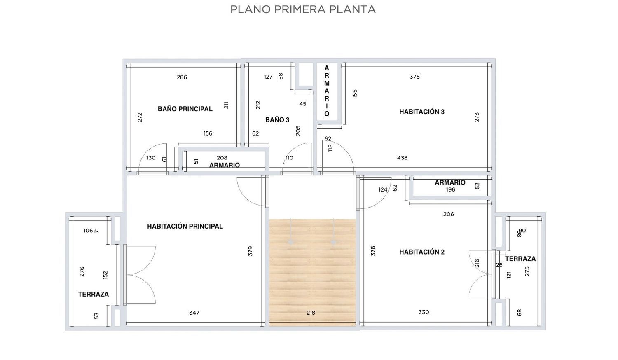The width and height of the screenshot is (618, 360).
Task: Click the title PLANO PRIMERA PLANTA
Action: tap(303, 9)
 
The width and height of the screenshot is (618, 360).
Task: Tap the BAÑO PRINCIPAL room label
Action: tap(185, 109)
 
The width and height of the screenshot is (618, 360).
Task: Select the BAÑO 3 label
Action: tap(277, 120)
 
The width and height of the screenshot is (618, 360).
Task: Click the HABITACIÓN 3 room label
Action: tap(422, 112)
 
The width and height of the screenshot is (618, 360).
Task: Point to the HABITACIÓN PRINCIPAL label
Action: tap(185, 226)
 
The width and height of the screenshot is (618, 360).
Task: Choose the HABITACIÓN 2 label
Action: tap(422, 252)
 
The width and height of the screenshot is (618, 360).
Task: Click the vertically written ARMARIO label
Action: tap(327, 91)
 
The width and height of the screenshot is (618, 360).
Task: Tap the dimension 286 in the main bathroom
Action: tap(182, 77)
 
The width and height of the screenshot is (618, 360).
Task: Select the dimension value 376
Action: tap(414, 77)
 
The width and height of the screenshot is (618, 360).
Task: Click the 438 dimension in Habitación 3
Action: tap(402, 158)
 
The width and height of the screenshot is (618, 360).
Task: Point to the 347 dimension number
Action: tap(194, 313)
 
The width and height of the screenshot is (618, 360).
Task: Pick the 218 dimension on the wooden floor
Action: tap(311, 313)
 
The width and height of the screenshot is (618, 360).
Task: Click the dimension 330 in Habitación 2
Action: tap(424, 312)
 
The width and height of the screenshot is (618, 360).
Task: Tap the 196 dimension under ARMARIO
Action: tap(451, 189)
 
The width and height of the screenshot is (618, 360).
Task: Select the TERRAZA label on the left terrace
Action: tap(93, 294)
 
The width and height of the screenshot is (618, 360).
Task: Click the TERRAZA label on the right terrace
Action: tap(520, 259)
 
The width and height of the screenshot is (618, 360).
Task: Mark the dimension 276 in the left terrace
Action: tap(82, 272)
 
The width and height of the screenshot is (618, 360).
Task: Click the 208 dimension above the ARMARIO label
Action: tap(222, 158)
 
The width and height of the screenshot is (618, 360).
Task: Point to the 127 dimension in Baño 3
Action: tap(268, 77)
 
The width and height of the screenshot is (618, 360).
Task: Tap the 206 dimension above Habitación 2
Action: tap(448, 214)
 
